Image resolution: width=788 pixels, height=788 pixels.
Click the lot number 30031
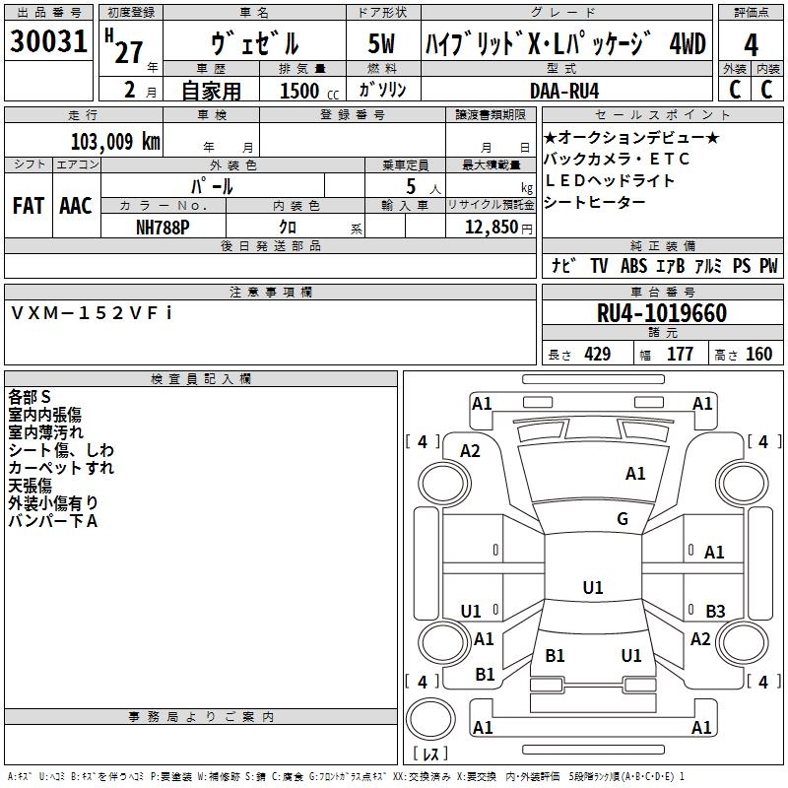click(x=48, y=42)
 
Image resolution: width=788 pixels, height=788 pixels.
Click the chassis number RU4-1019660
click(x=662, y=314)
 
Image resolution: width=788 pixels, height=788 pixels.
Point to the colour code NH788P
click(x=164, y=227)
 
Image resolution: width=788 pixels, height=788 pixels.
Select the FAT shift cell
click(x=28, y=205)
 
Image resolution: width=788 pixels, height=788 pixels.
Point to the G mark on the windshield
click(x=623, y=519)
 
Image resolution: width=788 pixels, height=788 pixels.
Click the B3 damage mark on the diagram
click(x=715, y=611)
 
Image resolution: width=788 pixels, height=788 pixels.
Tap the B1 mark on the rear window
click(x=555, y=655)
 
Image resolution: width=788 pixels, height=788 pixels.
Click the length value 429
click(x=597, y=355)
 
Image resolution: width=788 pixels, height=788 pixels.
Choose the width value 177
click(x=680, y=355)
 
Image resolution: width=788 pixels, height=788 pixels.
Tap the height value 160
click(x=758, y=355)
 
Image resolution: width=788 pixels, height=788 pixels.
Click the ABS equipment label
click(x=633, y=266)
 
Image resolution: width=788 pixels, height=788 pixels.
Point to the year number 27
click(x=128, y=51)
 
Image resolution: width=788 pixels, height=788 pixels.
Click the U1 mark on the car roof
click(x=592, y=588)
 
